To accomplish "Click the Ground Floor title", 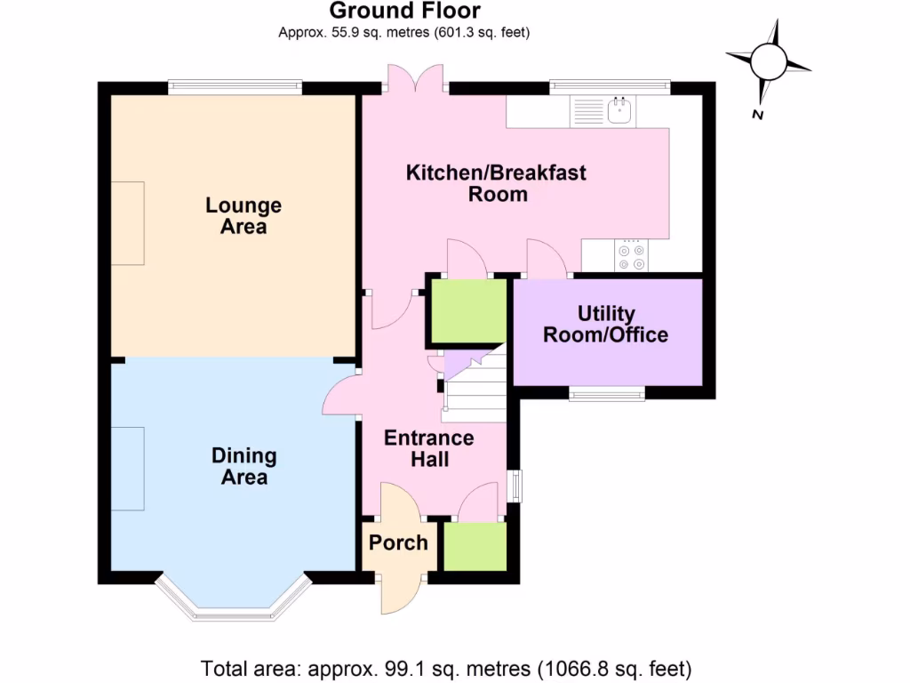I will (x=404, y=12).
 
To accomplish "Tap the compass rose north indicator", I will (x=768, y=62).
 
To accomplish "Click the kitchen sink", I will (x=619, y=111).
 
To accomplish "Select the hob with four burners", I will (x=631, y=257).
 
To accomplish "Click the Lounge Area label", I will (x=243, y=216).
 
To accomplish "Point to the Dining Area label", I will (x=243, y=467).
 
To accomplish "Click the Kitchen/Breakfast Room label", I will (x=496, y=183).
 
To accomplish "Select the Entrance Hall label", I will (x=429, y=448).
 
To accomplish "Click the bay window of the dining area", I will (x=233, y=605).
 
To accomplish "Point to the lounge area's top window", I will (x=235, y=87).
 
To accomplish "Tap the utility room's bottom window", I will (x=607, y=394).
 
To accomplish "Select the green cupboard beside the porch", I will (x=475, y=547).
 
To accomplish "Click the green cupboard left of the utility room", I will (x=467, y=311).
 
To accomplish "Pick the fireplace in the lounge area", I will (x=127, y=222).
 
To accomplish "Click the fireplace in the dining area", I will (x=128, y=468).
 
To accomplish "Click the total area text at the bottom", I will (x=446, y=667).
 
